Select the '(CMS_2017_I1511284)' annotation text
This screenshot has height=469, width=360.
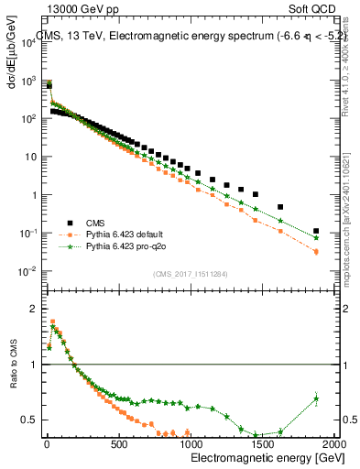pos(191,273)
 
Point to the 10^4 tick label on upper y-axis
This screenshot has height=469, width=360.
pos(28,42)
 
